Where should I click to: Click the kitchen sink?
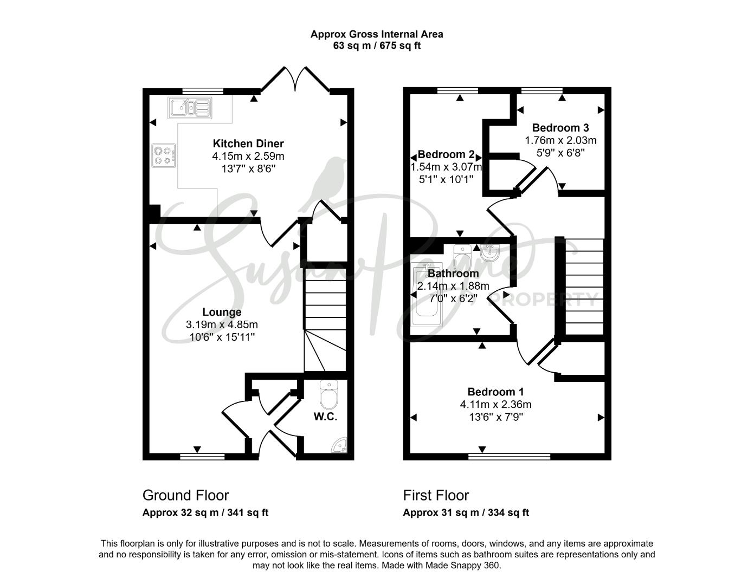(x=190, y=108)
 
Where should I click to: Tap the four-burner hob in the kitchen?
(x=164, y=155)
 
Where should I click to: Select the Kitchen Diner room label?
(x=248, y=144)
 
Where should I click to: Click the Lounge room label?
(x=222, y=312)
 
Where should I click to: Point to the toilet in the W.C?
(x=328, y=395)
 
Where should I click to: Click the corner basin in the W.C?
(x=339, y=446)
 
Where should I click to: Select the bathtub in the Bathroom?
(x=427, y=295)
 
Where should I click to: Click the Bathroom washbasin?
(x=490, y=252)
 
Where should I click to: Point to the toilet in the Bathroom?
(x=462, y=258)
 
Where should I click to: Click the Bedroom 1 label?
(x=495, y=392)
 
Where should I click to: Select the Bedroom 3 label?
(x=560, y=127)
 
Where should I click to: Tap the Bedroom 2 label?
(x=446, y=154)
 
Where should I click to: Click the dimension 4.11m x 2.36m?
(x=495, y=404)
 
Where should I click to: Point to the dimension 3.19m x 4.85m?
(x=222, y=324)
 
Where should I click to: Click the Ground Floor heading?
(x=185, y=495)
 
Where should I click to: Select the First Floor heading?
(x=436, y=495)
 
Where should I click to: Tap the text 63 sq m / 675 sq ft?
(x=377, y=45)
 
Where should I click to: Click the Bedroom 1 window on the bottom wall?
(x=509, y=457)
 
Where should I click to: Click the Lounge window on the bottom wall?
(x=202, y=457)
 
